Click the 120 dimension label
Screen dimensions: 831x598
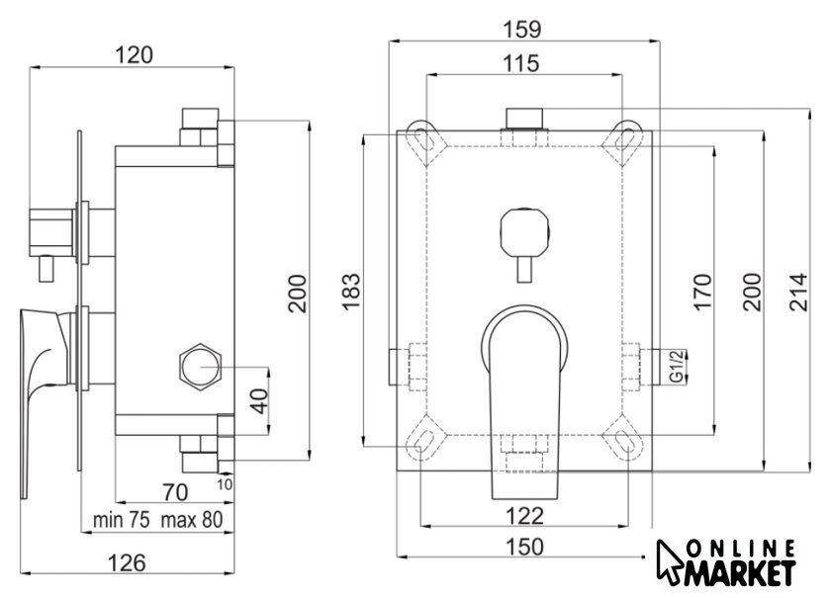(x=135, y=55)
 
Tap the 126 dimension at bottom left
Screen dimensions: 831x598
(x=127, y=562)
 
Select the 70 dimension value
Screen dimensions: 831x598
(x=175, y=492)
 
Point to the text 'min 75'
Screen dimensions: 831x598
(x=121, y=520)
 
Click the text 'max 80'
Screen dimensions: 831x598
(x=192, y=520)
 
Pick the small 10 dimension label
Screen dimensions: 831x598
(x=225, y=484)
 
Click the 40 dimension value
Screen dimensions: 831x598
(x=259, y=401)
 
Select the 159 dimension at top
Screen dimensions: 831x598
(x=522, y=30)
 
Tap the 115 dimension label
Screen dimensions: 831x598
(x=521, y=63)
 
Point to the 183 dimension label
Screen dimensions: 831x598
(x=351, y=292)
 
